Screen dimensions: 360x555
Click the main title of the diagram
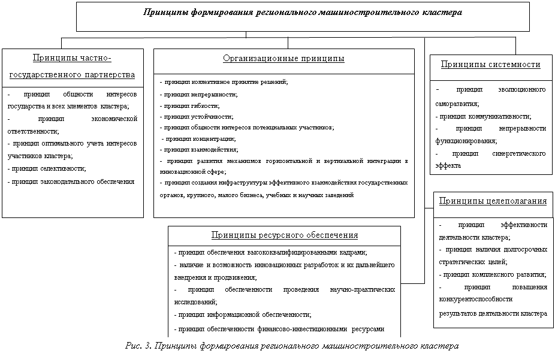point(303,11)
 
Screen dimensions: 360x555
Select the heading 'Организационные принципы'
point(283,59)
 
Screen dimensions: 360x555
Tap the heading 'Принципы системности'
point(490,65)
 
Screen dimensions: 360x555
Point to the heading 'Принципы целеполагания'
point(493,201)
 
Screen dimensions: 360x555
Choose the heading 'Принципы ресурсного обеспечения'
point(284,235)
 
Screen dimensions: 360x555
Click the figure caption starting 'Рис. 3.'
point(292,346)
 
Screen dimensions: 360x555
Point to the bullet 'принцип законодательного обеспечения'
point(71,180)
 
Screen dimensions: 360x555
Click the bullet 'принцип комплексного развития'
point(491,275)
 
